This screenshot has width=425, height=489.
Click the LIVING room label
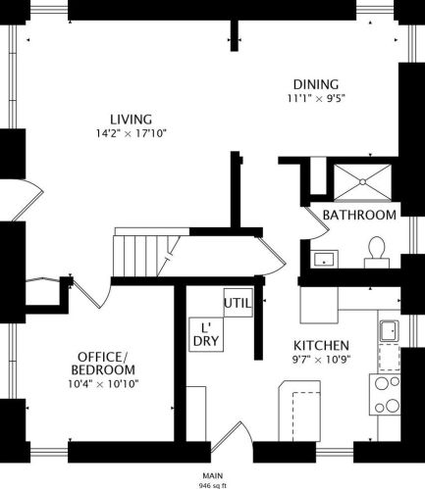click(131, 120)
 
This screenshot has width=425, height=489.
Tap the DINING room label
click(316, 84)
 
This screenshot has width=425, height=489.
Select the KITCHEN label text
click(321, 346)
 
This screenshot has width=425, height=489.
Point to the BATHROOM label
click(359, 215)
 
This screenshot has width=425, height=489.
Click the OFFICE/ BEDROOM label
click(103, 364)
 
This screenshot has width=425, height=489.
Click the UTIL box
click(239, 303)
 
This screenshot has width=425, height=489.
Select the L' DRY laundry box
click(206, 334)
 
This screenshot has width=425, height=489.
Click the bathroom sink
click(324, 259)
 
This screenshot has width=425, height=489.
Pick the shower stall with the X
click(362, 182)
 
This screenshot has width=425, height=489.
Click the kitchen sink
click(389, 331)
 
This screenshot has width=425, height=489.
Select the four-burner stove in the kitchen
click(385, 394)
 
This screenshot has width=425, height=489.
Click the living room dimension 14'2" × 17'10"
click(132, 133)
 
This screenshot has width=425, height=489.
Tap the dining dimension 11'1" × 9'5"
click(316, 98)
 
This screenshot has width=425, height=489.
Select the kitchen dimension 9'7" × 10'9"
click(321, 360)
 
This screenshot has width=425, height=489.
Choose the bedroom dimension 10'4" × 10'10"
click(103, 384)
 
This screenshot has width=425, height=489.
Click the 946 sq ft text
click(213, 485)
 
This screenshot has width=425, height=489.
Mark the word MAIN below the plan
click(213, 475)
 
